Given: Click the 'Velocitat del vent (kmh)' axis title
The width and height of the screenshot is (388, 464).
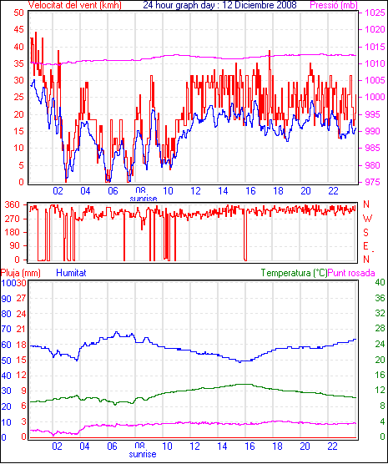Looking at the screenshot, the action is pyautogui.click(x=75, y=5).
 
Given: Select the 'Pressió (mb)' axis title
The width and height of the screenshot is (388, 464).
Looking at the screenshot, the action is pyautogui.click(x=334, y=5).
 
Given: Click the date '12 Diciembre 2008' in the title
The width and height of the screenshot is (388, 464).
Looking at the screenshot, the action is pyautogui.click(x=257, y=5).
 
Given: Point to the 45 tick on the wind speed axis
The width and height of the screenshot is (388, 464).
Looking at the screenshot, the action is pyautogui.click(x=18, y=29).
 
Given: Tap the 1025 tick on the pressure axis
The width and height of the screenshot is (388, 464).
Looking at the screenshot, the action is pyautogui.click(x=375, y=13).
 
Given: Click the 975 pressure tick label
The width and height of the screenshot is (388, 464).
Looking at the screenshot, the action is pyautogui.click(x=373, y=182).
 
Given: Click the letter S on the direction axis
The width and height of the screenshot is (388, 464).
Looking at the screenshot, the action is pyautogui.click(x=365, y=233).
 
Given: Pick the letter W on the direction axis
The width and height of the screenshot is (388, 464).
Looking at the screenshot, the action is pyautogui.click(x=367, y=219).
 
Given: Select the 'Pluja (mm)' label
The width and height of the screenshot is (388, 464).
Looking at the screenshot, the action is pyautogui.click(x=20, y=273).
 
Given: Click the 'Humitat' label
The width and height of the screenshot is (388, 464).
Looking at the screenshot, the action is pyautogui.click(x=71, y=273).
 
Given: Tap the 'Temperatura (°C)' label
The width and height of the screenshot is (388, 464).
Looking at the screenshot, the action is pyautogui.click(x=295, y=273).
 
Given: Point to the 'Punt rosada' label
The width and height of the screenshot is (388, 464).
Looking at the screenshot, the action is pyautogui.click(x=351, y=273).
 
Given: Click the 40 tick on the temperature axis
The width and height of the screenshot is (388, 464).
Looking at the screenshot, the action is pyautogui.click(x=380, y=282).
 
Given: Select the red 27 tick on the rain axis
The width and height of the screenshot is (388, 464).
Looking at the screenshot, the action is pyautogui.click(x=21, y=298).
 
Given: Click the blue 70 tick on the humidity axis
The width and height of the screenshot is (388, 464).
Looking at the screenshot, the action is pyautogui.click(x=6, y=329).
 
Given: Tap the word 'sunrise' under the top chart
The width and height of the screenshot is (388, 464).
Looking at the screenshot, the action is pyautogui.click(x=144, y=199).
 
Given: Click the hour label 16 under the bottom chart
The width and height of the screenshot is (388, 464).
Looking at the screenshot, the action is pyautogui.click(x=249, y=446).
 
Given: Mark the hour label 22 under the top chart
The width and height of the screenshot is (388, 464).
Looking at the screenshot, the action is pyautogui.click(x=333, y=191).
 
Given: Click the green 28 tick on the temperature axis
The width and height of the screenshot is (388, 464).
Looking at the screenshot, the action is pyautogui.click(x=380, y=328).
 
